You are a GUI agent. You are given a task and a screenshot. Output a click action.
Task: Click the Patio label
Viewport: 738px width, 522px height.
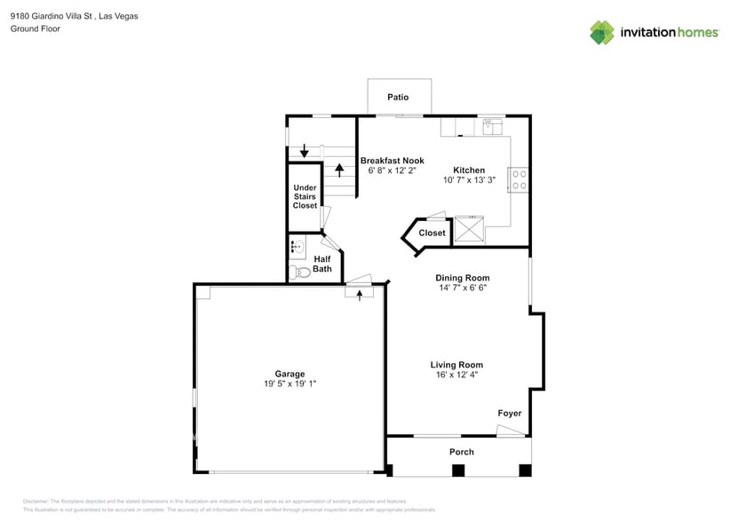[x=398, y=97]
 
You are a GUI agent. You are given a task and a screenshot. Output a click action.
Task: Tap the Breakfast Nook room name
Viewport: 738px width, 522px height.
[x=385, y=161]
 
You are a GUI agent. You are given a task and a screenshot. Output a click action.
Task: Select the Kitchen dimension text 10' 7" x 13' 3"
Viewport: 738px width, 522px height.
[x=469, y=180]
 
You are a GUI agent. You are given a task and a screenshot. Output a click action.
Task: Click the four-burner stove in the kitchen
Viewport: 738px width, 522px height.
[x=519, y=180]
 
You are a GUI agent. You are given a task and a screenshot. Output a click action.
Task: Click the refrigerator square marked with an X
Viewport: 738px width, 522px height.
[x=469, y=230]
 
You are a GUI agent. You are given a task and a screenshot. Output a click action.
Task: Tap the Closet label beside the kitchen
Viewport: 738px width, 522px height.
[x=432, y=233]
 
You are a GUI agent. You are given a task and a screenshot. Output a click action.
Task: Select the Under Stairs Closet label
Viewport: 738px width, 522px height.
[x=305, y=196]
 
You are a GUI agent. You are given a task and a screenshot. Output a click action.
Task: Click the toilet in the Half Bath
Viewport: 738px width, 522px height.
[x=300, y=272]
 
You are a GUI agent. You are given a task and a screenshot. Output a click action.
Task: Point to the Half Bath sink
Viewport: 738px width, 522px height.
[x=296, y=247]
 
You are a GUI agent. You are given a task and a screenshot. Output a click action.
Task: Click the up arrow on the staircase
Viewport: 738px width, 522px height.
[x=338, y=170]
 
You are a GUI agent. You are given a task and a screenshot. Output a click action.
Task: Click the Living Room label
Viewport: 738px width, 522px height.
[x=456, y=365]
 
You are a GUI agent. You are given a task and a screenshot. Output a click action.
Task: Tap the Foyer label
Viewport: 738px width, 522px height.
[x=509, y=414]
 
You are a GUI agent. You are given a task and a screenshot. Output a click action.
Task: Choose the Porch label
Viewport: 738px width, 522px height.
[x=461, y=452]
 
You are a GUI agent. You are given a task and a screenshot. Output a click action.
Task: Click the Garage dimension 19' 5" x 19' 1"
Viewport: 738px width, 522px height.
[x=290, y=384]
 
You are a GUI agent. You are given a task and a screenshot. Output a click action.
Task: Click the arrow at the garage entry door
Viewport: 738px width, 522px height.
[x=359, y=295]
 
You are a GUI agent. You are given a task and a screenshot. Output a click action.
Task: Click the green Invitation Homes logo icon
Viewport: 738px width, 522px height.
[x=602, y=33]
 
